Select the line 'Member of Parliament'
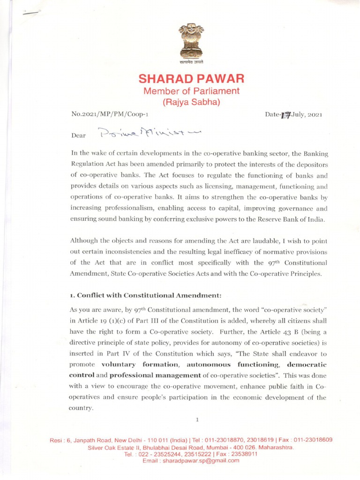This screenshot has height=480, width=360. (x=191, y=90)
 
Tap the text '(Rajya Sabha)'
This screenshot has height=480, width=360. (x=191, y=101)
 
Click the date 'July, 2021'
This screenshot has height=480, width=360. (x=307, y=114)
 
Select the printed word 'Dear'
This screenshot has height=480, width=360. (x=78, y=135)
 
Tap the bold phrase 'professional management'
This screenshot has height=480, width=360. (x=161, y=375)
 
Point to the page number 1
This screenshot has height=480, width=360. (x=197, y=420)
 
